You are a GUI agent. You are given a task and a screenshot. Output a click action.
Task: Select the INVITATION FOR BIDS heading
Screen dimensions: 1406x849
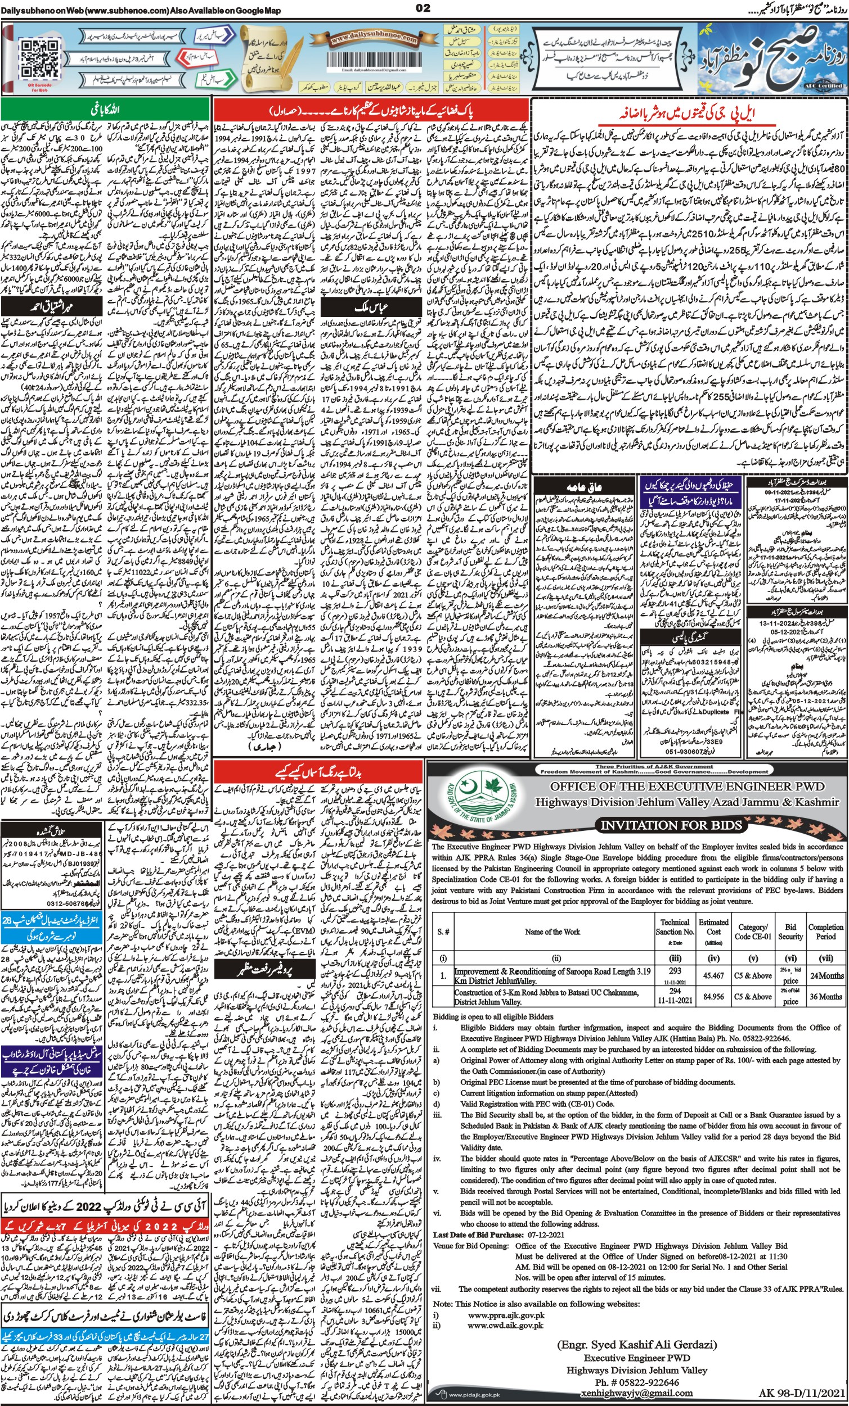click(x=671, y=825)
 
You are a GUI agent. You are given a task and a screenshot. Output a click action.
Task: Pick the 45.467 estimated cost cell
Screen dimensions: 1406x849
click(x=713, y=976)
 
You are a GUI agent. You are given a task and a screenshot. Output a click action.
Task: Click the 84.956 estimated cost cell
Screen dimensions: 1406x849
click(x=713, y=996)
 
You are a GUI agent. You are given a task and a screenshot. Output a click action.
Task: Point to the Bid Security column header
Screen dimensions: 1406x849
click(x=790, y=932)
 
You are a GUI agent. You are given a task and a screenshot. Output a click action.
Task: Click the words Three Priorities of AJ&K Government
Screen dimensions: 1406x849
click(x=654, y=766)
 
